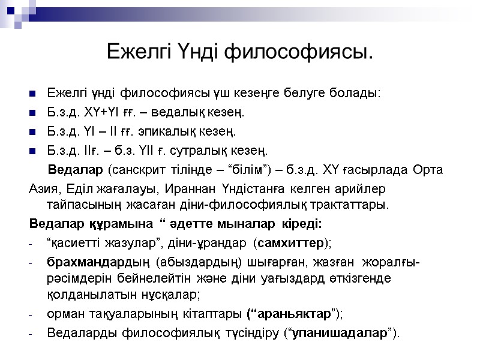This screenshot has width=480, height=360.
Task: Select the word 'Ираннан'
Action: (182, 189)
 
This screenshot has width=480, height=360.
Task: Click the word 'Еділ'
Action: (71, 189)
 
